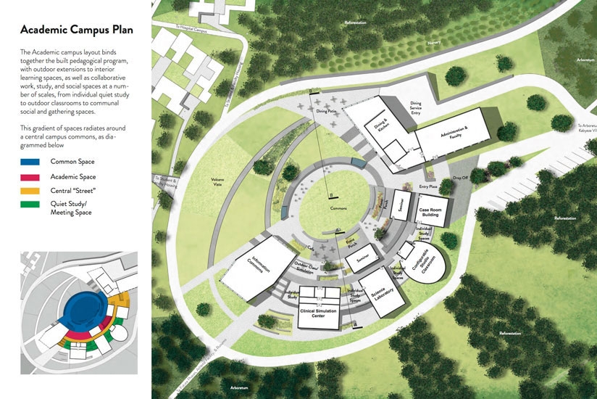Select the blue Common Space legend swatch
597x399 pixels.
tap(30, 161)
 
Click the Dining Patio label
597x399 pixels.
tap(326, 112)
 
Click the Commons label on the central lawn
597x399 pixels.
tap(338, 208)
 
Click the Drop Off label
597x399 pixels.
tap(461, 177)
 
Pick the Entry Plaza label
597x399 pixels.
tap(429, 186)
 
